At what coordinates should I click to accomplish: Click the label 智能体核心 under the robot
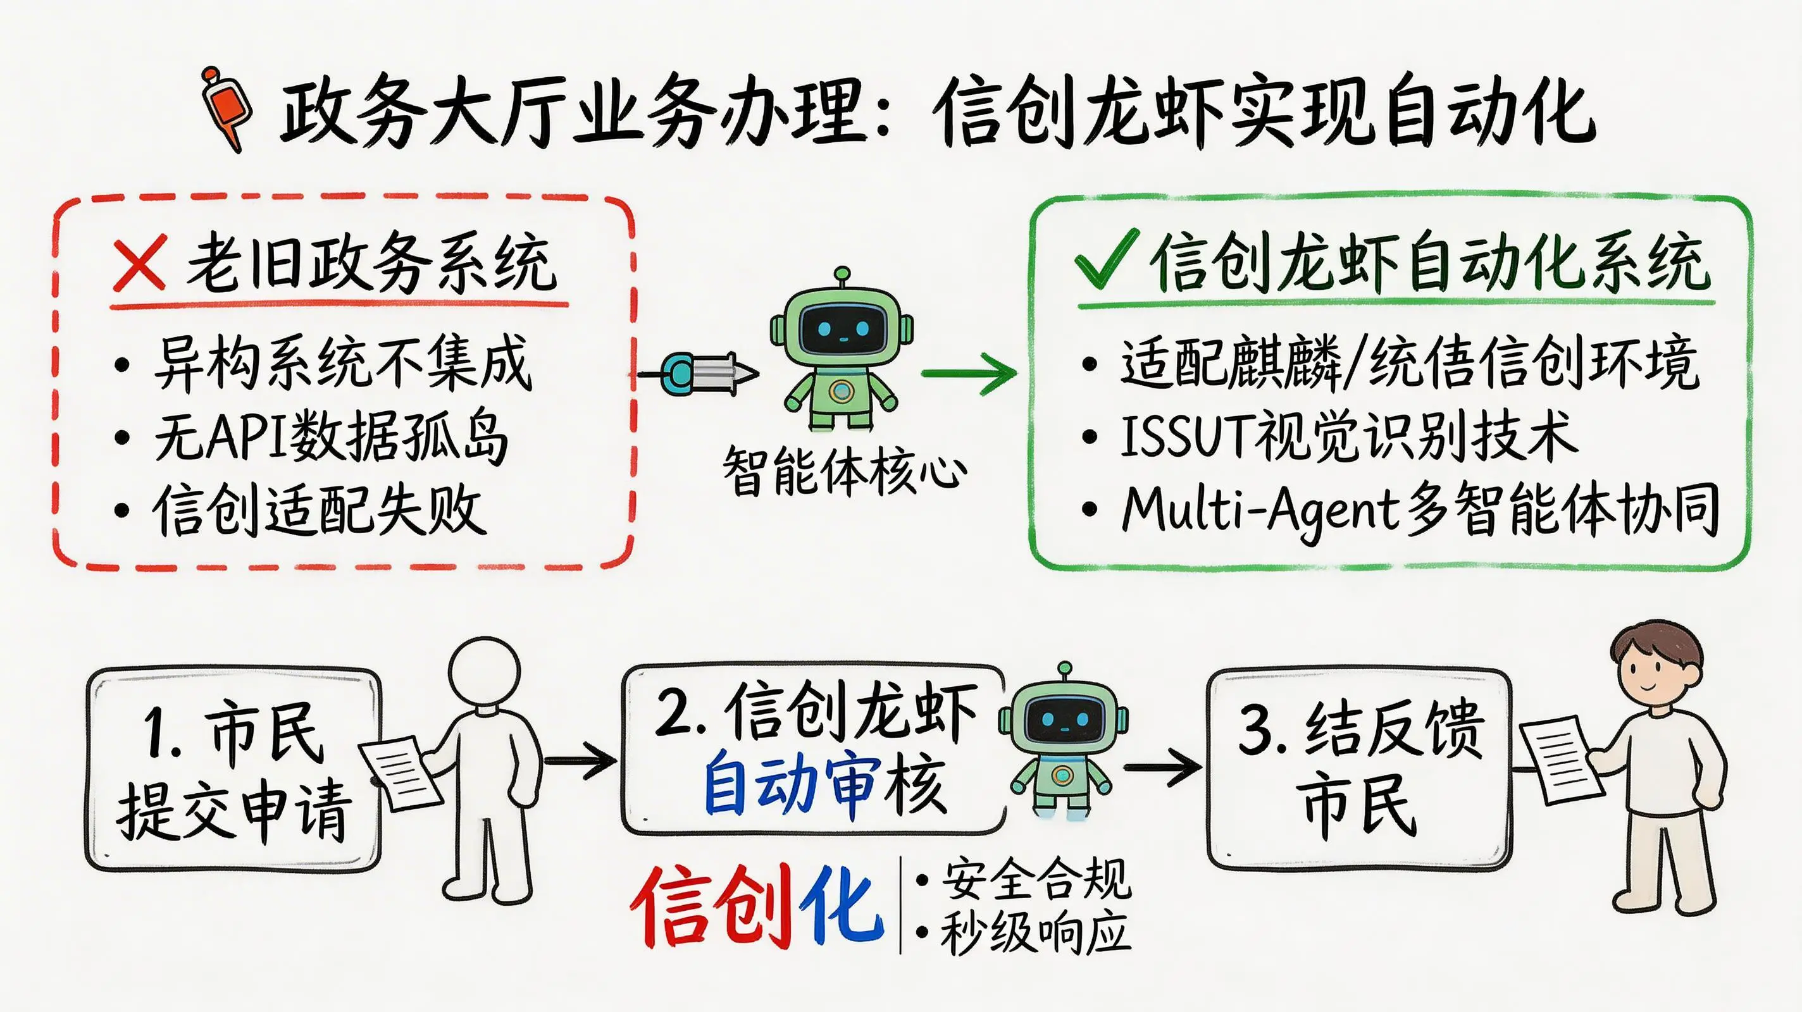[x=843, y=471]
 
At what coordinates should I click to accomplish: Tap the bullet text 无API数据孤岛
[x=331, y=438]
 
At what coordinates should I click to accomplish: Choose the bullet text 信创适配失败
[x=318, y=510]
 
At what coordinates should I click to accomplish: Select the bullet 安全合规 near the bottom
[x=1035, y=879]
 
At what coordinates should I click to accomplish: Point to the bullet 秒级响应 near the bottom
[x=1035, y=932]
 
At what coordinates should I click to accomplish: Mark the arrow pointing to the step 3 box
[x=1162, y=767]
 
